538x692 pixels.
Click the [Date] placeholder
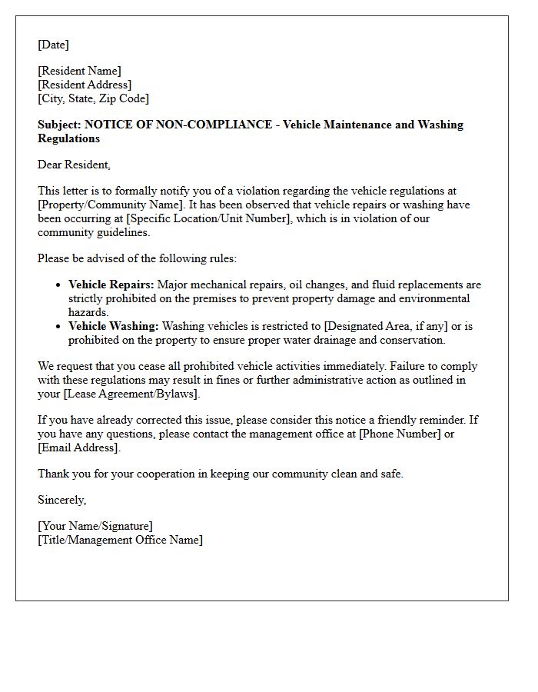pos(53,45)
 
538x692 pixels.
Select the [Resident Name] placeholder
pos(79,71)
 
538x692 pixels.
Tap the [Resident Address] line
pos(85,85)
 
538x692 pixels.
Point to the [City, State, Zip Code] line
pos(93,98)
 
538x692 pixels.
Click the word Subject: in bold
pos(60,125)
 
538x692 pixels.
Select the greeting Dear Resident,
pos(74,165)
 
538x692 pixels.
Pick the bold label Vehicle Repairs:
pos(111,284)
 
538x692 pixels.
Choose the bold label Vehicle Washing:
pos(113,326)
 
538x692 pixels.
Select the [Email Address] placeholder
pos(78,447)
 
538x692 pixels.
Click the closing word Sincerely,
pos(62,500)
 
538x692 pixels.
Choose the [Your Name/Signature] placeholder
pos(95,526)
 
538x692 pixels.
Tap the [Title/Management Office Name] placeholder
pos(120,540)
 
